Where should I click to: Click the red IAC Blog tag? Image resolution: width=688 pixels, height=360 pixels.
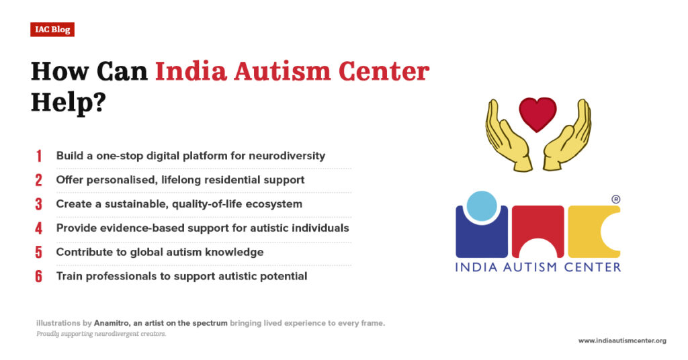(x=52, y=30)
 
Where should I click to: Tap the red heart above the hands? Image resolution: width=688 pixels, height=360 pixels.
(x=537, y=114)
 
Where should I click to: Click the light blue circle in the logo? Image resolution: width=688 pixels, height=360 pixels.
(x=482, y=208)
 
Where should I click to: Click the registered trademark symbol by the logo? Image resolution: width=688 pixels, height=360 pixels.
(x=615, y=199)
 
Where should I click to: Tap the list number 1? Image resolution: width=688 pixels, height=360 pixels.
(x=39, y=156)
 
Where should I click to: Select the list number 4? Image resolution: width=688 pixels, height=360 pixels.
(x=39, y=228)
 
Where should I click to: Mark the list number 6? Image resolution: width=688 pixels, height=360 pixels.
(x=39, y=277)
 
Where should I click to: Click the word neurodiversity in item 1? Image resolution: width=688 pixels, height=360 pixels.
(x=287, y=156)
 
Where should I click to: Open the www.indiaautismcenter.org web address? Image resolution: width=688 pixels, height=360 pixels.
(x=622, y=341)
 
